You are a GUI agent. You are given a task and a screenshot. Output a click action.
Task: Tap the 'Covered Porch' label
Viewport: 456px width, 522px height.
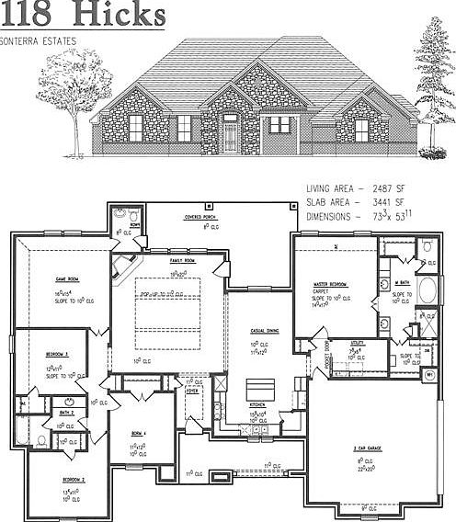point(199,218)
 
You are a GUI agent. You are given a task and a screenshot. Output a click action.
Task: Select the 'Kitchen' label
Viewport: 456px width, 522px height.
point(258,404)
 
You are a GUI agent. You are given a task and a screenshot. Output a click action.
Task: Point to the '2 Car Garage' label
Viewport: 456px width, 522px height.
point(369,447)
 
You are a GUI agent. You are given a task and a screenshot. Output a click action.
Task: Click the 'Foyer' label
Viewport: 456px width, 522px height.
point(193,391)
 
